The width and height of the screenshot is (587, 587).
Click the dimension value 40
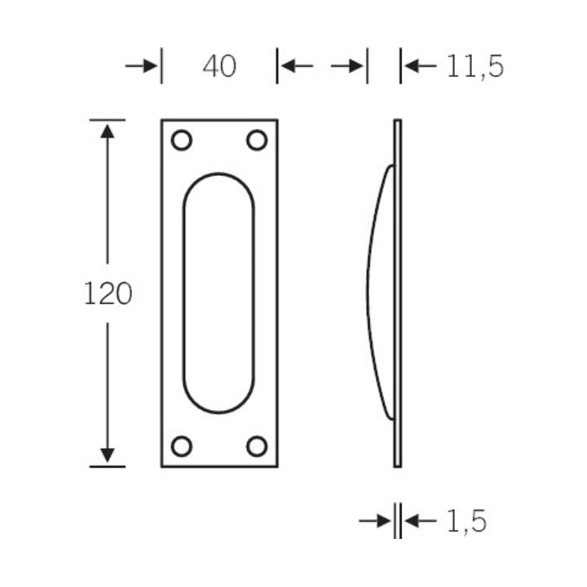pos(219,66)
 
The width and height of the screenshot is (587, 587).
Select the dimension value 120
pos(108,293)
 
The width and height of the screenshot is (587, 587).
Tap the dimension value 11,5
pos(475,67)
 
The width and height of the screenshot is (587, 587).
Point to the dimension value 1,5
pos(466,522)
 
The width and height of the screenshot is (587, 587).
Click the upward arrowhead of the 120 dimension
pos(108,131)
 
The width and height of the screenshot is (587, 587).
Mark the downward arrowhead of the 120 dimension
pos(108,455)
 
